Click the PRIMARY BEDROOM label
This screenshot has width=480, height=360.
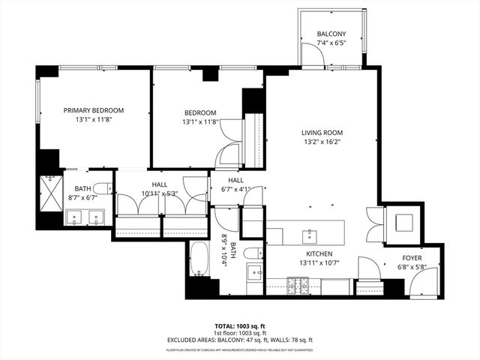(x=94, y=110)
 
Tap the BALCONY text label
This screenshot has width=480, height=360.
(x=331, y=34)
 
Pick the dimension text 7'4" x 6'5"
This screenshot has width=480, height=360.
(x=331, y=43)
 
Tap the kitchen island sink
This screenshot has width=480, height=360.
(x=309, y=236)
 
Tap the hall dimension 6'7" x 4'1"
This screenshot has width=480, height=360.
(x=235, y=190)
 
